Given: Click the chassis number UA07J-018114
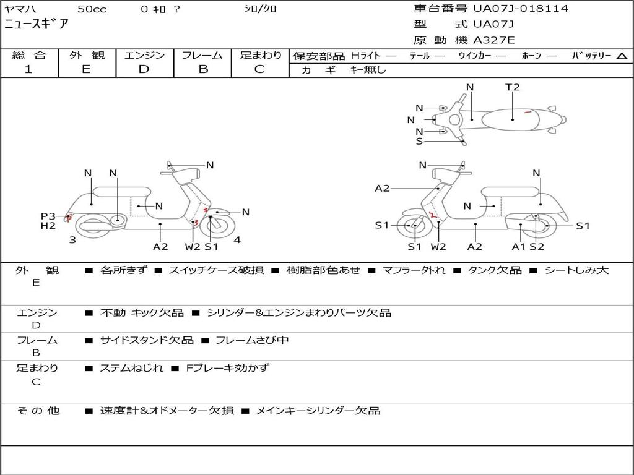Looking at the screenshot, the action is click(x=521, y=9).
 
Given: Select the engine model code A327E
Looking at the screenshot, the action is click(x=493, y=41).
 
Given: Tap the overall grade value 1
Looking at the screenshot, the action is click(x=28, y=69).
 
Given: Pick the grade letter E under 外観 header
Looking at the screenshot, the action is click(x=86, y=69).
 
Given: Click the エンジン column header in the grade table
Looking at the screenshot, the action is click(x=144, y=56).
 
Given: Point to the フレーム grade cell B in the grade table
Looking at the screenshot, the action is click(x=203, y=69).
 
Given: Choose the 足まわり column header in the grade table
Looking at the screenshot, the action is click(x=261, y=56).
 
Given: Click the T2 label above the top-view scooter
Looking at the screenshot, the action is click(x=513, y=87).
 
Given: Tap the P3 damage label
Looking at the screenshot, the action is click(x=48, y=216).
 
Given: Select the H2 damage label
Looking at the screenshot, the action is click(x=48, y=226).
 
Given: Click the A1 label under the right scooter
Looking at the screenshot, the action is click(x=519, y=247).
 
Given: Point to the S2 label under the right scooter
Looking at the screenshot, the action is click(x=537, y=247).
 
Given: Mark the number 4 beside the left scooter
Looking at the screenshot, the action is click(x=237, y=240).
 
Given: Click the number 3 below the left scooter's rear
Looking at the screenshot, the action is click(x=72, y=240).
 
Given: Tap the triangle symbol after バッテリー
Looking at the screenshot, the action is click(x=622, y=56).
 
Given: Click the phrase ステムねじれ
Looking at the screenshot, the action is click(x=132, y=368).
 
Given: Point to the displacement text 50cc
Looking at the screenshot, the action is click(x=92, y=9).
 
